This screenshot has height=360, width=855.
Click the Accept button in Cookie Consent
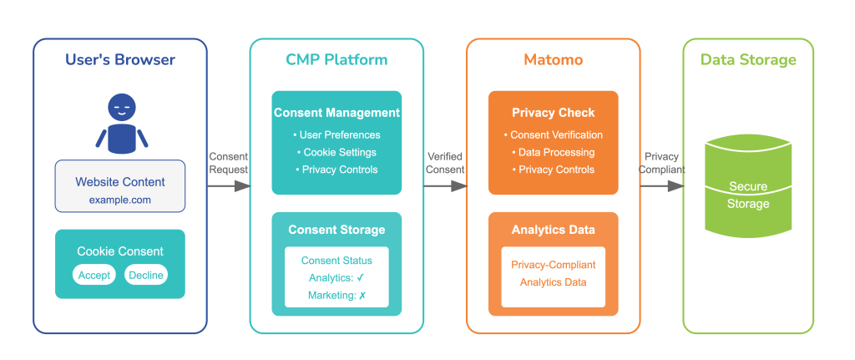click(94, 275)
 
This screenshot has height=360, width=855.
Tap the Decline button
click(146, 275)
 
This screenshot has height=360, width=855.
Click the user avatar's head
click(121, 108)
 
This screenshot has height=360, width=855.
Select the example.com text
click(120, 200)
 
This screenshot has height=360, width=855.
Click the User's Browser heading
click(120, 60)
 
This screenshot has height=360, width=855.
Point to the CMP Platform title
click(336, 60)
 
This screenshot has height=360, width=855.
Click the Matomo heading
click(553, 60)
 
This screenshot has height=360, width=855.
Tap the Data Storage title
click(748, 60)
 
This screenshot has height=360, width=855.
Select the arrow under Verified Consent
click(445, 186)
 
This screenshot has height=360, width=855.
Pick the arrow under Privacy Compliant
click(662, 186)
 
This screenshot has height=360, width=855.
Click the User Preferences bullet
click(336, 134)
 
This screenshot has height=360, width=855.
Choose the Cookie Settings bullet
click(336, 152)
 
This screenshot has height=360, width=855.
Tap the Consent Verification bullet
click(553, 134)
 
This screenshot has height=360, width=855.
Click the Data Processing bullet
click(553, 152)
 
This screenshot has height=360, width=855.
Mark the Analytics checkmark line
click(336, 278)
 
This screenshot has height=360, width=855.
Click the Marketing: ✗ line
click(336, 296)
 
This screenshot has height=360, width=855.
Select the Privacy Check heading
click(553, 113)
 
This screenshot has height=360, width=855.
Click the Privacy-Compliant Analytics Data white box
click(553, 275)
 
